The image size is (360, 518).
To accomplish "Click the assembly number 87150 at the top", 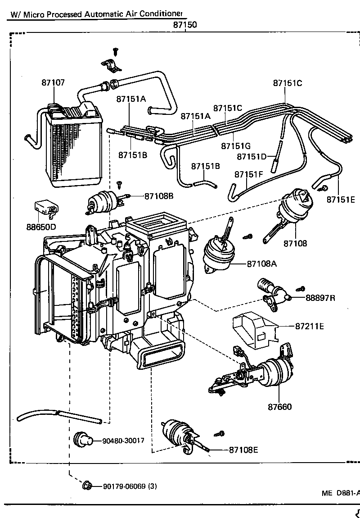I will pyautogui.click(x=185, y=25).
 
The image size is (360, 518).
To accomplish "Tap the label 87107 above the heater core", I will pyautogui.click(x=53, y=83).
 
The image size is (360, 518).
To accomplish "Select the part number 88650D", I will pyautogui.click(x=41, y=227).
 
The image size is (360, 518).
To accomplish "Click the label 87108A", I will pyautogui.click(x=261, y=264).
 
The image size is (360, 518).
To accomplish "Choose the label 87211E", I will pyautogui.click(x=310, y=326).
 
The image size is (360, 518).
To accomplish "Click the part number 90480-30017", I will pyautogui.click(x=123, y=441).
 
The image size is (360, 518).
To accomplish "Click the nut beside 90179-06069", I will pyautogui.click(x=87, y=486).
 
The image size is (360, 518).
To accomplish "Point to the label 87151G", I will pyautogui.click(x=236, y=146).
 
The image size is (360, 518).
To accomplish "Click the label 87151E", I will pyautogui.click(x=341, y=200).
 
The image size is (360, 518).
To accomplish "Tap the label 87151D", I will pyautogui.click(x=252, y=156).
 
